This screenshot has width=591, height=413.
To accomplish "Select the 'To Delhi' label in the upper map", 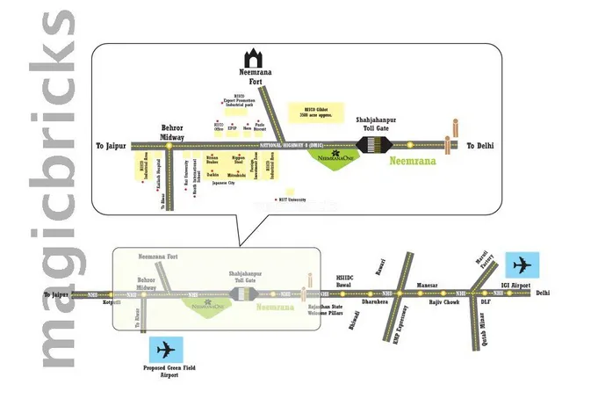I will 481,146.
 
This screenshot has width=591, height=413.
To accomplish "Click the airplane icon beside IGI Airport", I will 524,264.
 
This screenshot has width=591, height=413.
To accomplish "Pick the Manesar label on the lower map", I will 427,284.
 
